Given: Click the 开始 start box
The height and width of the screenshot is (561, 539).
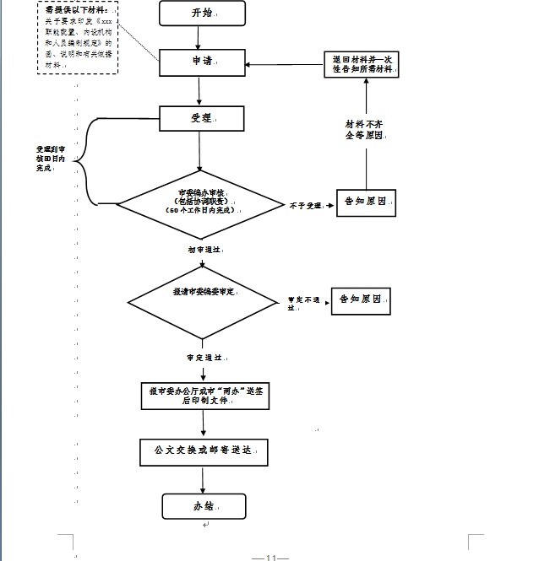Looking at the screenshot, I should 202,13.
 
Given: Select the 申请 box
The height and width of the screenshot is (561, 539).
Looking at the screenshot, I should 202,62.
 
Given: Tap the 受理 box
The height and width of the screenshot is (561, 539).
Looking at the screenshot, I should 202,118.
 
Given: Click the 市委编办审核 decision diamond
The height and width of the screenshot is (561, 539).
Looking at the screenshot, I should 200,203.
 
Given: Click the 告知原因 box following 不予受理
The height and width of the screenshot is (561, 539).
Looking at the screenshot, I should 366,202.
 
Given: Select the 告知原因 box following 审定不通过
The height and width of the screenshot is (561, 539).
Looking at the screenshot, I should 360,299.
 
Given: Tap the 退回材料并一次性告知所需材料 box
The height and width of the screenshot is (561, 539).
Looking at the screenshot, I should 361,64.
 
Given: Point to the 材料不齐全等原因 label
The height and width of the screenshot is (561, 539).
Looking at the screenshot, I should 365,129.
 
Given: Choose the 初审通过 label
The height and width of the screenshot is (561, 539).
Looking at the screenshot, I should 204,250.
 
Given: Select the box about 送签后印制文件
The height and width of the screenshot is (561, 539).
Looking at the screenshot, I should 205,396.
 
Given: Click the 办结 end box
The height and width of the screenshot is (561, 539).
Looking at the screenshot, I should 204,506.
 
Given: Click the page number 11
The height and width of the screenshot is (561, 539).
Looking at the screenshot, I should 271,557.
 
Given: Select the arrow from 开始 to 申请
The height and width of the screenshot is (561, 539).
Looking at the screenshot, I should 199,37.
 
